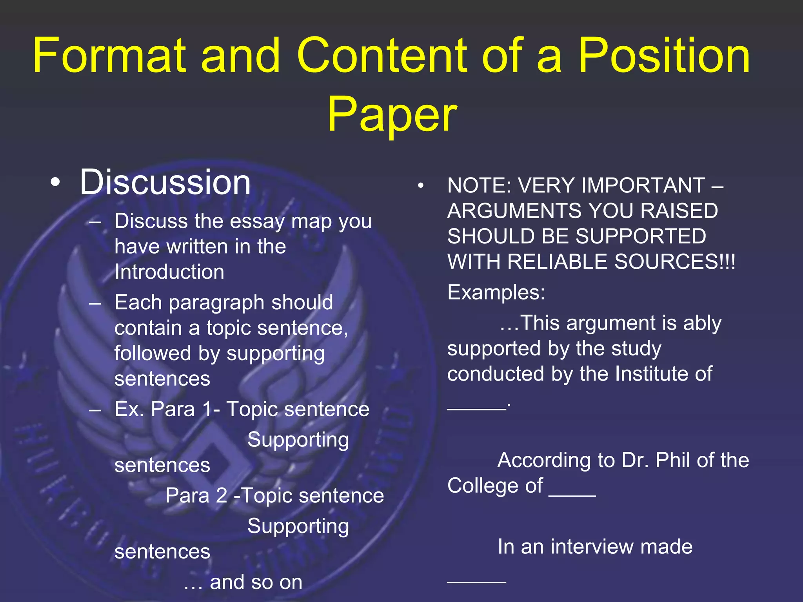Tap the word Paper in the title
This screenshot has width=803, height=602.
coord(392,115)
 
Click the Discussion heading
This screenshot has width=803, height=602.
coord(165,182)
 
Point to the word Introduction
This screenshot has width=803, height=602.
coord(169,272)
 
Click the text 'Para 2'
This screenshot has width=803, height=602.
coord(196,495)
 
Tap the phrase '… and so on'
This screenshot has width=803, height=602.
coord(243,582)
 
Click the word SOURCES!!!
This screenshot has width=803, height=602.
coord(674,262)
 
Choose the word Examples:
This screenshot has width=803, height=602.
coord(496,292)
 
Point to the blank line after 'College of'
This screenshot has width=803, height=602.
coord(572,495)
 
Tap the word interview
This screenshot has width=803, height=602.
coord(592,547)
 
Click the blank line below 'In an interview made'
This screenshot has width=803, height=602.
coord(476,581)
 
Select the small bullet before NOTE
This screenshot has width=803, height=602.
coord(421,186)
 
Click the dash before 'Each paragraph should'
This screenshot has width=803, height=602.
coord(95,303)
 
